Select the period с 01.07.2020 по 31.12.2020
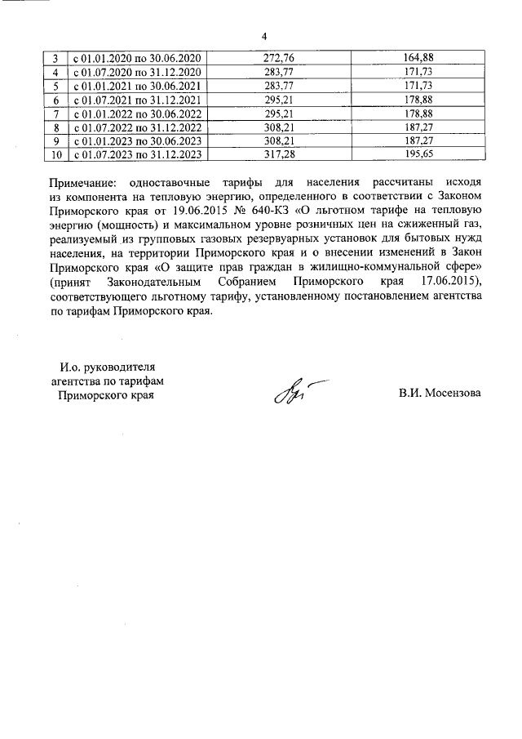137,73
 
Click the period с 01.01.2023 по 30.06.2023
137,140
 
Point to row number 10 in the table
55,154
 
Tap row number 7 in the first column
55,114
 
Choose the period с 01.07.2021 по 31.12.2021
137,100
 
